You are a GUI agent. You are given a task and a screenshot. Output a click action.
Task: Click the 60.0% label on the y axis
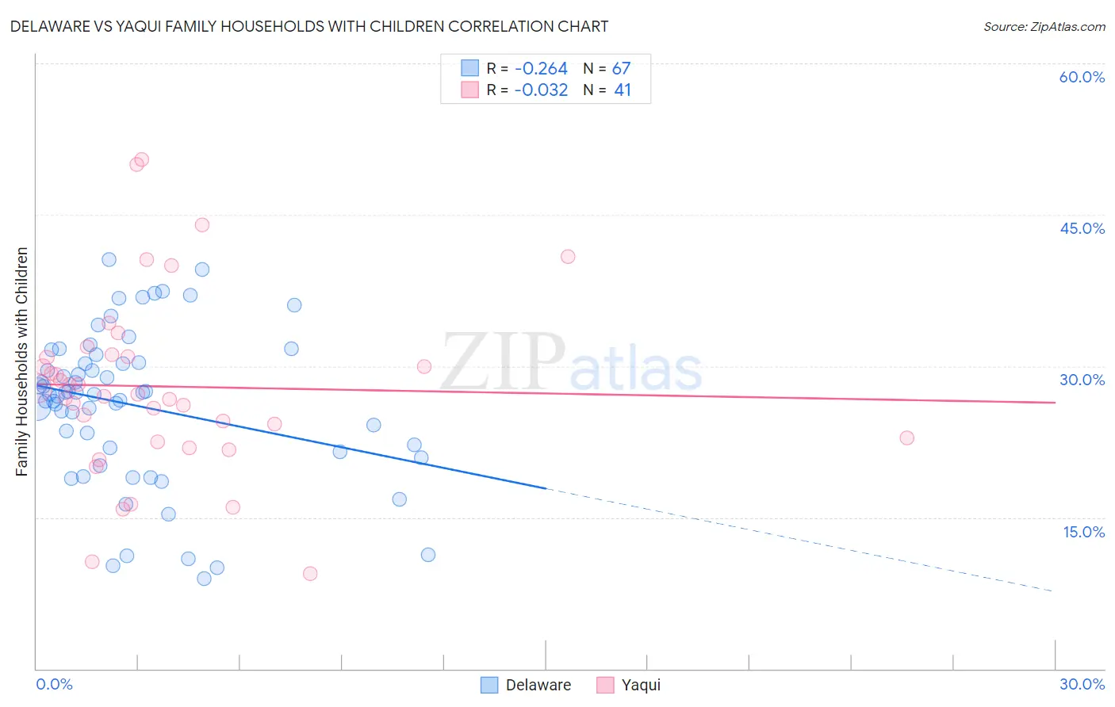coord(1082,77)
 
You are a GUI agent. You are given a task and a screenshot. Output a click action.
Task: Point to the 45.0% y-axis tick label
coord(1082,228)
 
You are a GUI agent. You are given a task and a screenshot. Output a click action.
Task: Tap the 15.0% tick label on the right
coord(1083,532)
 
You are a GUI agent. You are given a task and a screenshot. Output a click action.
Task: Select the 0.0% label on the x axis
coord(54,684)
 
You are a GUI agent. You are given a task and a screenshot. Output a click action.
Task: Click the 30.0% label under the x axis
coord(1082,684)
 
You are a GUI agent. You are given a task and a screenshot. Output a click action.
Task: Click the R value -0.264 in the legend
coord(541,69)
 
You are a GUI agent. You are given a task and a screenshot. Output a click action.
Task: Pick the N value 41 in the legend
coord(623,90)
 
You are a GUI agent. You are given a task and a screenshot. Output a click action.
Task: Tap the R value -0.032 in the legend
coord(541,90)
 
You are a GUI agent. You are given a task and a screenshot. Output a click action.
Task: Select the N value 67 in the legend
coord(621,69)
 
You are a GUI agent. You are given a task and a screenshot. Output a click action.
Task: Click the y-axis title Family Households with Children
coord(21,361)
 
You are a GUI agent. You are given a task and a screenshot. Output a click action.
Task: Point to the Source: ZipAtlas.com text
coord(1044,27)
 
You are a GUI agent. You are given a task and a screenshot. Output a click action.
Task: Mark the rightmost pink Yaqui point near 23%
coord(906,438)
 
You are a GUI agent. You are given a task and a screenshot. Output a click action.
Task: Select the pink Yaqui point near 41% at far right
coord(568,256)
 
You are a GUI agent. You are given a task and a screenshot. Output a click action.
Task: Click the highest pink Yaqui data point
coord(142,159)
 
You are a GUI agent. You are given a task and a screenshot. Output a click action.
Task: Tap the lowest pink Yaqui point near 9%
coord(310,573)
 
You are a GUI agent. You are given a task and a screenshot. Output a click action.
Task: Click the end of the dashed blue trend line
coord(1054,591)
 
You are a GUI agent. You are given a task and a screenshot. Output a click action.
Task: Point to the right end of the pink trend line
coord(1056,403)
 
